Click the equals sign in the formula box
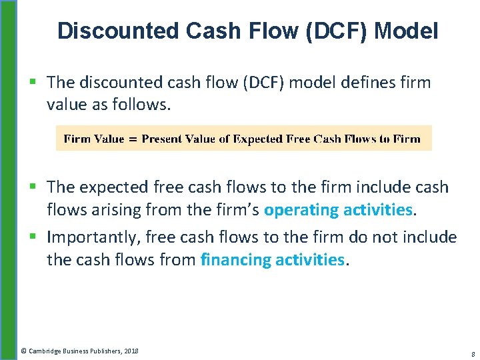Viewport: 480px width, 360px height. point(133,139)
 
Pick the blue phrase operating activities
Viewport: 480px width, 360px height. point(339,209)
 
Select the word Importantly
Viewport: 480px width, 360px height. point(92,237)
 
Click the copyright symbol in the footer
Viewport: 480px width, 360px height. point(23,350)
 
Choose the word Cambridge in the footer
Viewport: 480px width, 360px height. point(43,350)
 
